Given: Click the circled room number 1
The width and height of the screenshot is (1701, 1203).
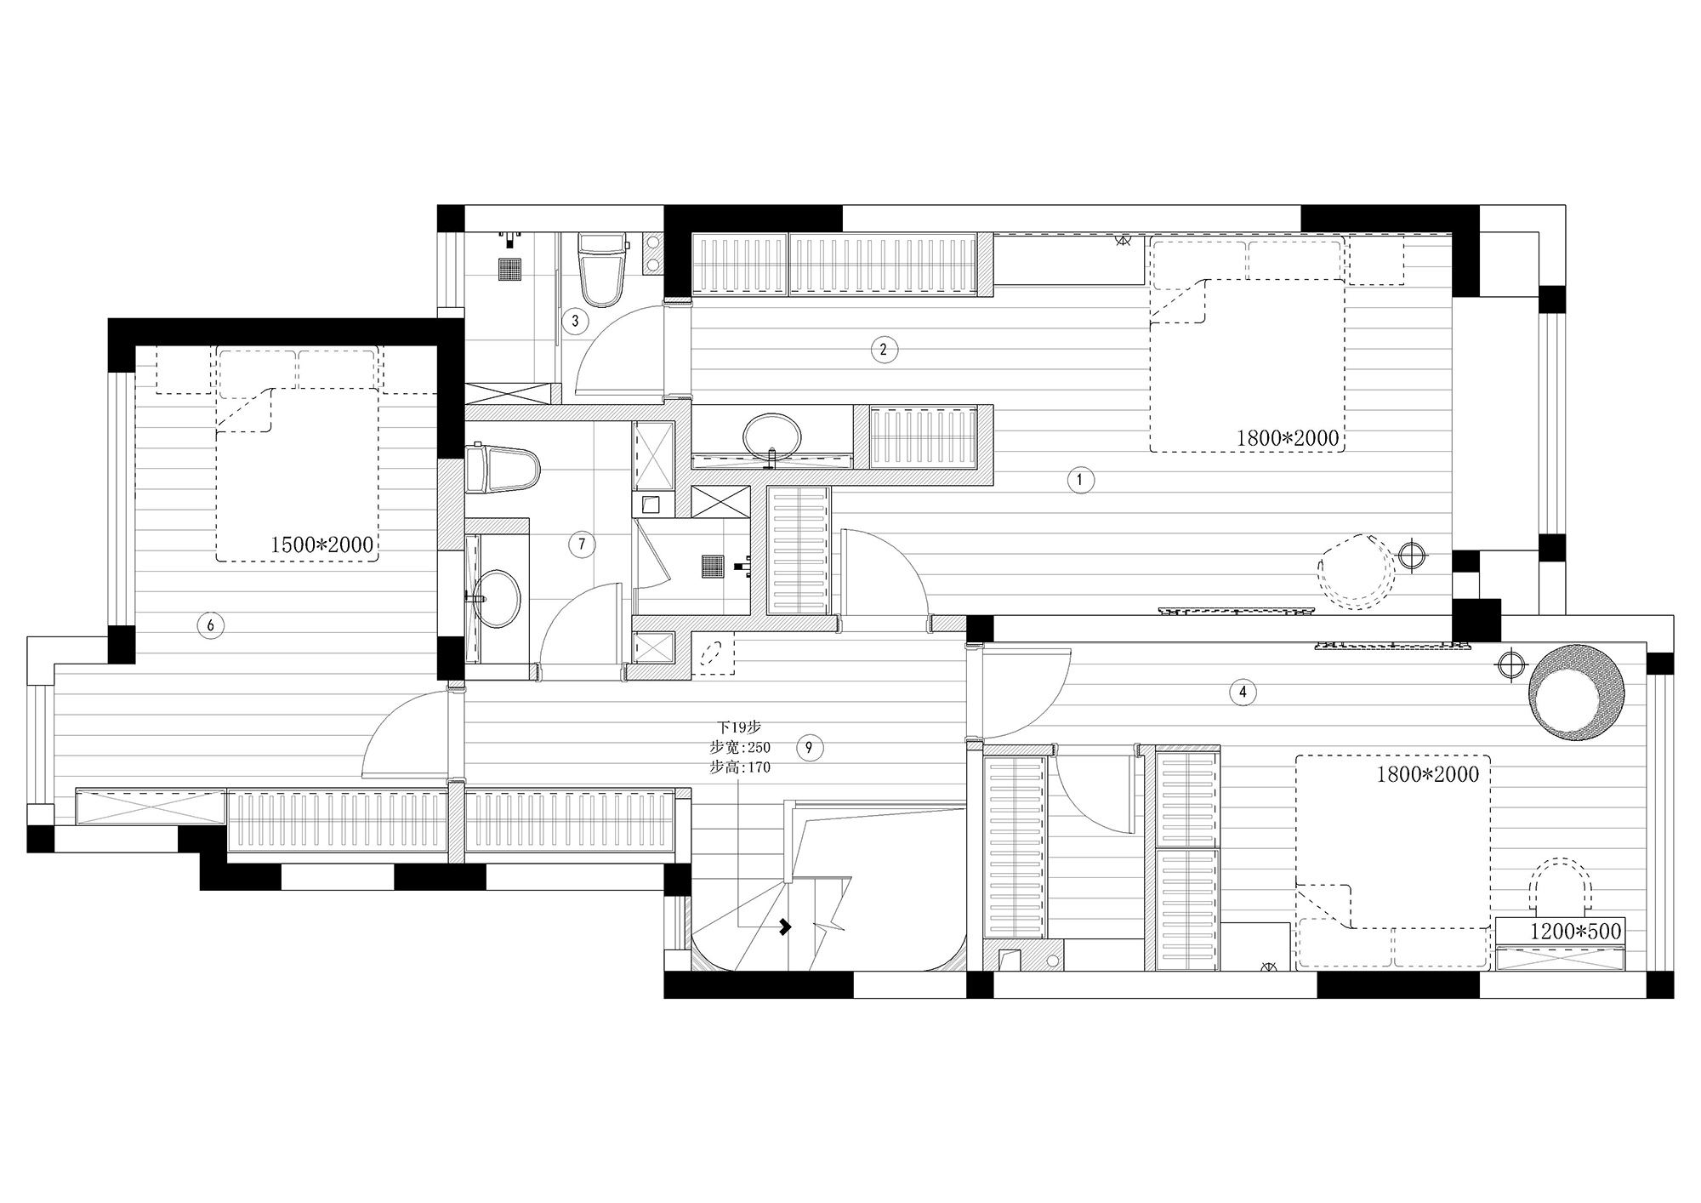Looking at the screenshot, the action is point(1080,480).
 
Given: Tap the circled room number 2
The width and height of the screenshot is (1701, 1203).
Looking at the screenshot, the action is point(884,349).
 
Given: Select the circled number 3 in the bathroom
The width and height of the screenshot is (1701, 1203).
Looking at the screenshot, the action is point(576,321).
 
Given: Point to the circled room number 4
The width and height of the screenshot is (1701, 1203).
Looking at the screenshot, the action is point(1243,692).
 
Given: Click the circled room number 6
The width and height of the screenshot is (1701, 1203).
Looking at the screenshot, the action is point(210,626).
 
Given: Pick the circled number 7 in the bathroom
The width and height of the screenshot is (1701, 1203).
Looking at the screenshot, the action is point(582,544).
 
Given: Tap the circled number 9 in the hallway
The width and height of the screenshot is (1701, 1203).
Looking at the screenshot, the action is point(809,748).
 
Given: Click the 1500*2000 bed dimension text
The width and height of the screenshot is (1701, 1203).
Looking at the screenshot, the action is point(322,544).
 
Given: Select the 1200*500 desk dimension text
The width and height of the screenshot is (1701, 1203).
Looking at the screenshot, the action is point(1576,931).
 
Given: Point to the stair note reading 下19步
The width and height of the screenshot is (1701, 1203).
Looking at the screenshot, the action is point(738,727).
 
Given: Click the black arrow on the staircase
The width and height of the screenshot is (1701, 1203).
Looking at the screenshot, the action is point(785,926).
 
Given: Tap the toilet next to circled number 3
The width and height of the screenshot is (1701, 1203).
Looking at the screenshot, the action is point(602,269).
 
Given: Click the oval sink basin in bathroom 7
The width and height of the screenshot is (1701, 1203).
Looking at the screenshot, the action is point(496,598).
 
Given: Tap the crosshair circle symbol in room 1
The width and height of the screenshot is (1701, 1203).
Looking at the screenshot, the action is point(1412,556).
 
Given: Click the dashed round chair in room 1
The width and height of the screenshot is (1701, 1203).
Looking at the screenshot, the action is point(1357,572).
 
